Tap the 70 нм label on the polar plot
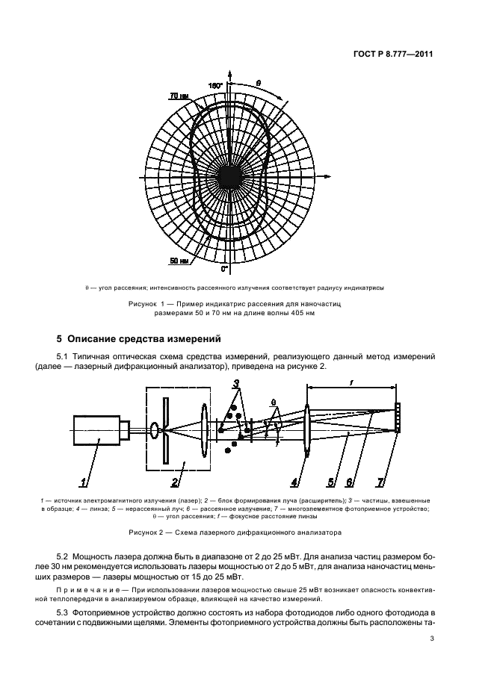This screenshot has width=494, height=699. click(x=178, y=96)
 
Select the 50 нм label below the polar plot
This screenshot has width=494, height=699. click(x=178, y=261)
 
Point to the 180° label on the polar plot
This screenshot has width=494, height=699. click(x=216, y=87)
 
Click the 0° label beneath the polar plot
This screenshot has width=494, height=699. click(x=224, y=267)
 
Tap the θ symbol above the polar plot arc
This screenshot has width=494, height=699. click(x=258, y=83)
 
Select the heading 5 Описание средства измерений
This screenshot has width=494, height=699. click(x=138, y=340)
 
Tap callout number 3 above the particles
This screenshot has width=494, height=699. click(x=236, y=385)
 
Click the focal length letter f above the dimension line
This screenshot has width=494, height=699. click(x=351, y=381)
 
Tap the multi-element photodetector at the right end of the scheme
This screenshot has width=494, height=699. click(x=397, y=418)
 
